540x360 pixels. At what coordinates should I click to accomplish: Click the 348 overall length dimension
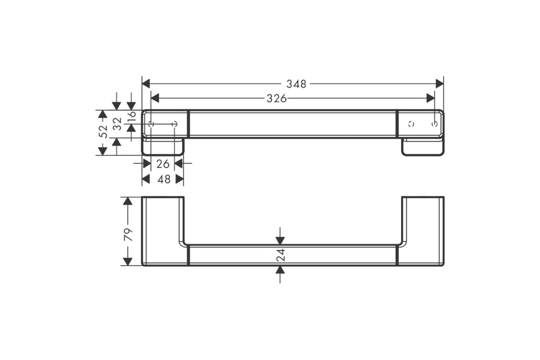[296, 84]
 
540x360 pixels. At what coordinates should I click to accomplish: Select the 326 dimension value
[276, 99]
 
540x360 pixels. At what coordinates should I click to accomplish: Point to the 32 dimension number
[117, 124]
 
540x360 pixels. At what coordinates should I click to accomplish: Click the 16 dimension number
[131, 117]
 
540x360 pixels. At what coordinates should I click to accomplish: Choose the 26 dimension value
[162, 164]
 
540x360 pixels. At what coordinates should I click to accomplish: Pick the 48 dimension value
[162, 179]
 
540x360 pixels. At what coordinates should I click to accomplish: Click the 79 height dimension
[128, 234]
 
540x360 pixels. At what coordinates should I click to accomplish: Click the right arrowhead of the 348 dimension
[440, 84]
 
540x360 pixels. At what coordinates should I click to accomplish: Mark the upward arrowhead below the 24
[280, 270]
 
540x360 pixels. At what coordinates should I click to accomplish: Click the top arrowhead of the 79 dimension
[128, 201]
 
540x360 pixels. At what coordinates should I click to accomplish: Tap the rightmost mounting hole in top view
[434, 124]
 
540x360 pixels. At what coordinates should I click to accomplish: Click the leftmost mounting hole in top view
[151, 124]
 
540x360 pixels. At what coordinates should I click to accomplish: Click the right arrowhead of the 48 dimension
[180, 179]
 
